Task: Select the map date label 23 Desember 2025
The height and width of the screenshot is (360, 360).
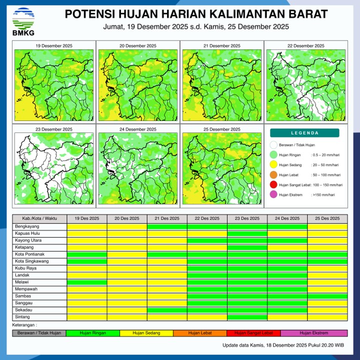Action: point(53,129)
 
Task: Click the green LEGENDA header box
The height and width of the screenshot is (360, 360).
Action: point(304,133)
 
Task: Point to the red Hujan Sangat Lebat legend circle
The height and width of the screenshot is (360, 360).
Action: point(273,185)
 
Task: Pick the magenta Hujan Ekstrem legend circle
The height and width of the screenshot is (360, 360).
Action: point(273,194)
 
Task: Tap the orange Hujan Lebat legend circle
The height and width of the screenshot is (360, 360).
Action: point(273,175)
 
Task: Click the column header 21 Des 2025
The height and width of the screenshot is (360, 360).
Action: point(167,218)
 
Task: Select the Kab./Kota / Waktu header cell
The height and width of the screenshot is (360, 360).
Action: point(39,218)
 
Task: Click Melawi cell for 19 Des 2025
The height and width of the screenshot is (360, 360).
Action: point(87,282)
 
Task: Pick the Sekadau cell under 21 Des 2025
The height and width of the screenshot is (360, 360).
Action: point(167,310)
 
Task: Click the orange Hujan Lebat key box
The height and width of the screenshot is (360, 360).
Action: point(201,332)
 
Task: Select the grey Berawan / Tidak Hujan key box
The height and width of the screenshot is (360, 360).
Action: point(39,332)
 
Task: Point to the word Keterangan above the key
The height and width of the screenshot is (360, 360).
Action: point(24,325)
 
